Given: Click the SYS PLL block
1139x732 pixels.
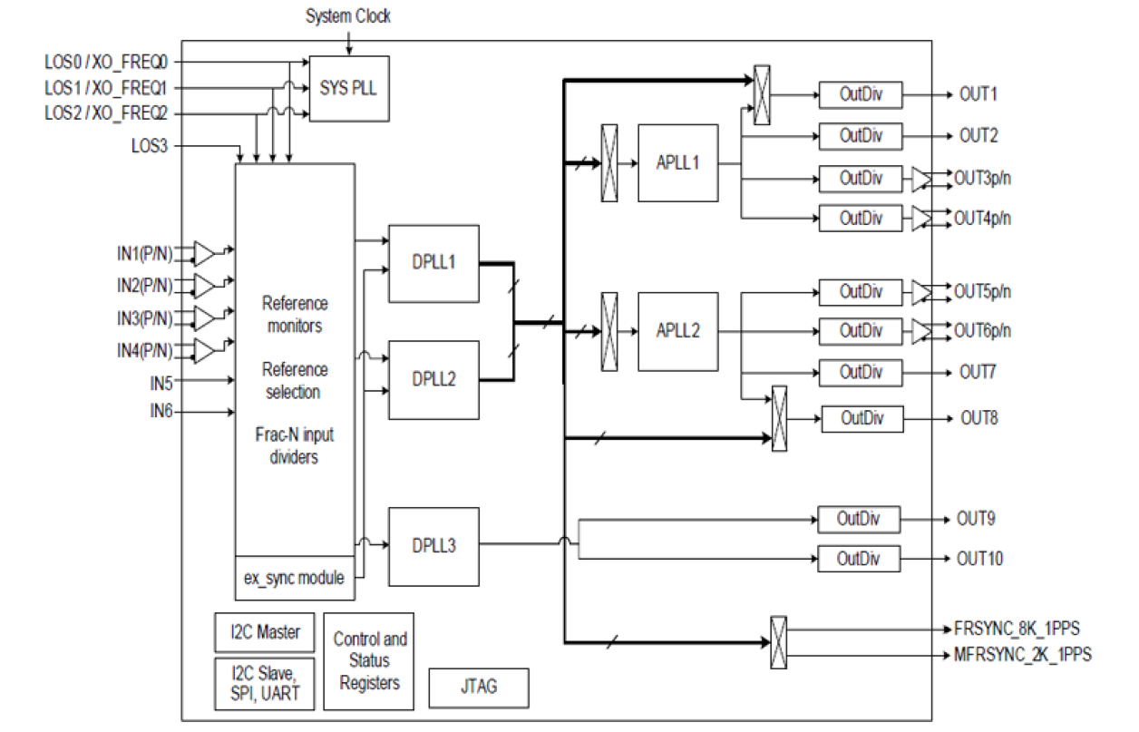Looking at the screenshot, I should [349, 87].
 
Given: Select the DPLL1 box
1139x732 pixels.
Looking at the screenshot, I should [433, 263].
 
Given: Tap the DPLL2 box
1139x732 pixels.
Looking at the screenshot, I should [433, 380].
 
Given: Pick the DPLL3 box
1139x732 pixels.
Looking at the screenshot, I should [433, 546].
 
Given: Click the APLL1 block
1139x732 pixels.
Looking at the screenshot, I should [677, 163].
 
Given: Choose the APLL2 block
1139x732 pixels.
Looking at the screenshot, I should [677, 331].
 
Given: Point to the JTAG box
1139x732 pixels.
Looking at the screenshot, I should [478, 688].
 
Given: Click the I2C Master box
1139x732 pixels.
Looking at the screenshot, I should [258, 632].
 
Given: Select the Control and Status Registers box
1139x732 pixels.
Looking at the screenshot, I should [370, 659].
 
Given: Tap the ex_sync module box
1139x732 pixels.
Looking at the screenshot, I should [295, 578].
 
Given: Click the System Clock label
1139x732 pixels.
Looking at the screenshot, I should [348, 16].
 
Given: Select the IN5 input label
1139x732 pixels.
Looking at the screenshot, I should [161, 382].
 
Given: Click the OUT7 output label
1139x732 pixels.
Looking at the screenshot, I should [978, 372].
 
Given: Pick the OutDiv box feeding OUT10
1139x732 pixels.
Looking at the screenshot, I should [859, 558].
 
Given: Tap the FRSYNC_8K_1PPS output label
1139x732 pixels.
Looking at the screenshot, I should [1016, 628].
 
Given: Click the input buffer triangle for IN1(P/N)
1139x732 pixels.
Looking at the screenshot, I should [206, 251].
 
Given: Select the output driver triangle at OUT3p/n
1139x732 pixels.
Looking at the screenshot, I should [922, 178].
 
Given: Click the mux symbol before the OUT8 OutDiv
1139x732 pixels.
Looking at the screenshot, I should [779, 418].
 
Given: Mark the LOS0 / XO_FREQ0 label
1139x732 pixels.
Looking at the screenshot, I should [112, 63].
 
